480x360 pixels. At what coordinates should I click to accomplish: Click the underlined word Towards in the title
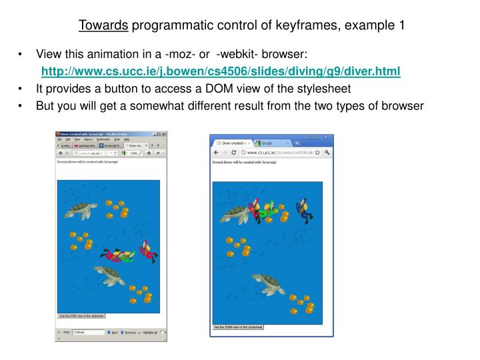tap(103, 26)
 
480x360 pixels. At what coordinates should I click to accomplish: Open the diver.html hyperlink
tap(221, 71)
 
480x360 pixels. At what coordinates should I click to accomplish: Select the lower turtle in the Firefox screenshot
tap(109, 273)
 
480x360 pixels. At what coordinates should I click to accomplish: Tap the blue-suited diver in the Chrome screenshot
tap(304, 209)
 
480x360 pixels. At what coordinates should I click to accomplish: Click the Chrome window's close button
tap(327, 136)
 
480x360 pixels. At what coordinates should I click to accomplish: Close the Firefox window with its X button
tap(163, 134)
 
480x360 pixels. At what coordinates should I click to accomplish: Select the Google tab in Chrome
tap(271, 143)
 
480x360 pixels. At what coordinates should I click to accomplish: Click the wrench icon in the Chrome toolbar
tap(327, 152)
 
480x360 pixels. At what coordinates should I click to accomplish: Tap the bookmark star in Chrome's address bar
tap(318, 152)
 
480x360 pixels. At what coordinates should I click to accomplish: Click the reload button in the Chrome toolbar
tap(233, 152)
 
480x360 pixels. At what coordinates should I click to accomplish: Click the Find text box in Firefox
tap(88, 331)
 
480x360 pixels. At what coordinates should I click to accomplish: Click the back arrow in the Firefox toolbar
tap(60, 153)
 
